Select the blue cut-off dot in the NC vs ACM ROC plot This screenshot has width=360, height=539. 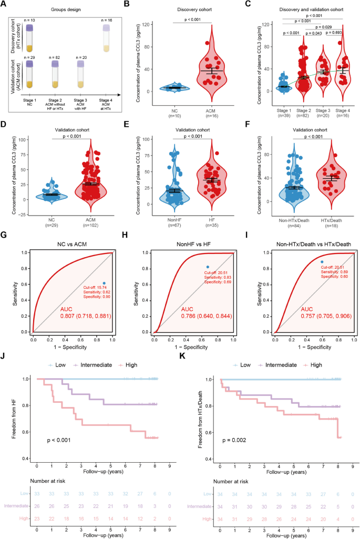(x=104, y=283)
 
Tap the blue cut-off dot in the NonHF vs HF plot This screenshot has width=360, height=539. (x=208, y=267)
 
